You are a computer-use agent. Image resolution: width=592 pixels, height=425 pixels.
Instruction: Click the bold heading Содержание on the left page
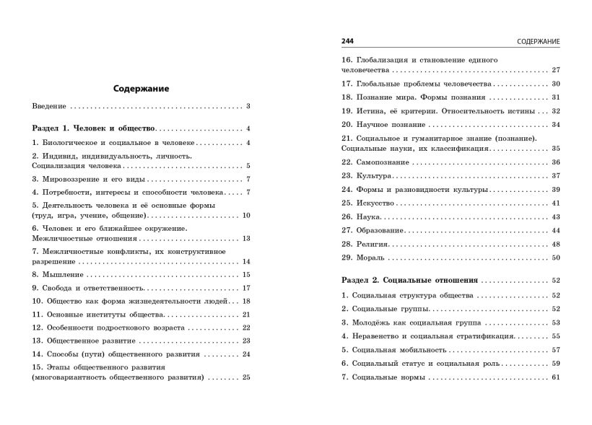(x=142, y=89)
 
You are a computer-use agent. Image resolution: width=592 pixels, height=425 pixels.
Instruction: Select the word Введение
(x=49, y=107)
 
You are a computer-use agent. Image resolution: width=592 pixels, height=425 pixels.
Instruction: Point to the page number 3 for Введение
(x=247, y=107)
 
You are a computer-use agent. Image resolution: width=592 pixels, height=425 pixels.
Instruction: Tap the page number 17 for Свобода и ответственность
(x=245, y=288)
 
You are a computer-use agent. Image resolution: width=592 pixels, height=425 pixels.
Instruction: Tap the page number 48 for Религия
(x=556, y=244)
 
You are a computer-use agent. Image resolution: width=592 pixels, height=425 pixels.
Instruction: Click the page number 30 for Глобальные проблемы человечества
(x=556, y=84)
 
